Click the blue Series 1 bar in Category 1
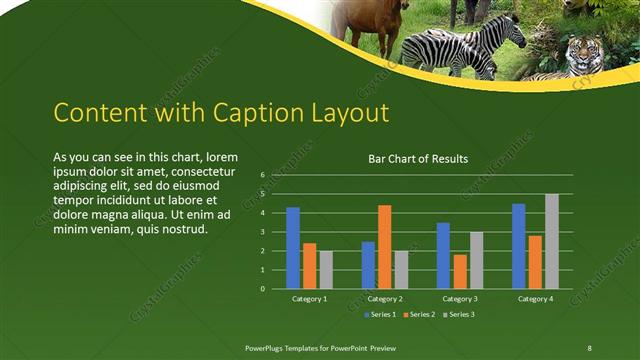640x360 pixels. point(293,248)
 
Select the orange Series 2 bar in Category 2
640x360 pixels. point(384,247)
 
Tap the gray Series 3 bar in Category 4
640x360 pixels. point(552,241)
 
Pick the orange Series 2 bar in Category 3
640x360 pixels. point(459,271)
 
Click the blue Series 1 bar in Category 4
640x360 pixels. point(518,246)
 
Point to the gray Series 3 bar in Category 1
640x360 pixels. point(326,270)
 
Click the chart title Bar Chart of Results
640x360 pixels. point(418,159)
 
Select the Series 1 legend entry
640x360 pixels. point(380,315)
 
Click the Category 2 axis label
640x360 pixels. point(384,299)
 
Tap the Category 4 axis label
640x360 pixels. point(535,299)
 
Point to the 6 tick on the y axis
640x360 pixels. point(262,175)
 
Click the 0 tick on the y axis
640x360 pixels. point(262,289)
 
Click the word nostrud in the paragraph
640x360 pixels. point(181,229)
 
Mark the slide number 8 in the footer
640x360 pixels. point(590,346)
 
